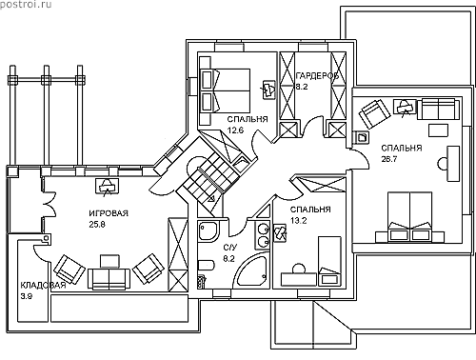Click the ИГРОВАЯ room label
coord(109,213)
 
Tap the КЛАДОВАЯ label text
coord(43,285)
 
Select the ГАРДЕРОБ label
coord(317,76)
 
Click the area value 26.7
coord(389,159)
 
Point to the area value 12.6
coord(235,130)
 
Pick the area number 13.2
coord(299,220)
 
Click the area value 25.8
coord(97,225)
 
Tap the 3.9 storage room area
coord(26,296)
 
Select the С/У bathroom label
coord(230,248)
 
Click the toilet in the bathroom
coord(207,266)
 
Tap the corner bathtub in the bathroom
coord(250,271)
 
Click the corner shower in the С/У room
coord(208,232)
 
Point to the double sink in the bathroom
coord(262,235)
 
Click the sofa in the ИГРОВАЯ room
coord(109,279)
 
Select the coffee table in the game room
coord(110,261)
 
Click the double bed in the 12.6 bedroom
coord(226,90)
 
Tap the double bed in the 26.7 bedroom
coord(409,216)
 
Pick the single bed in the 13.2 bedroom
coord(329,260)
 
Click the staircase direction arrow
coord(211,199)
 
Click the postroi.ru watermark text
coord(26,5)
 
